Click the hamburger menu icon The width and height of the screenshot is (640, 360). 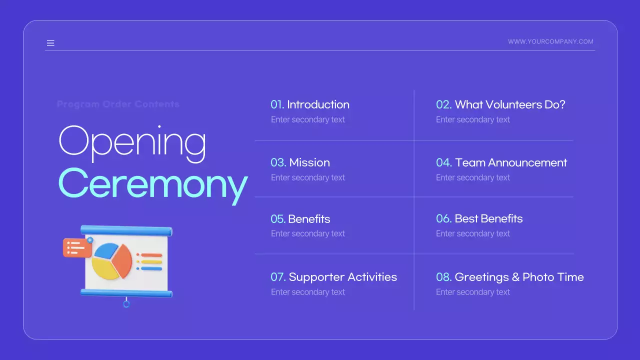click(50, 43)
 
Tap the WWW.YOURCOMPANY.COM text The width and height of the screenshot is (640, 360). click(550, 42)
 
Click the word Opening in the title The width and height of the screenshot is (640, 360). click(132, 141)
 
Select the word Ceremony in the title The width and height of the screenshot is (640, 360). click(152, 183)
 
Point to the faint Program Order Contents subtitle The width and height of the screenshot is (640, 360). click(118, 104)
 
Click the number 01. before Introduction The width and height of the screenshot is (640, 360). click(277, 104)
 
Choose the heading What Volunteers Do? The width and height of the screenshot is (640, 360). click(510, 104)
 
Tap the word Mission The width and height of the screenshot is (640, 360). click(309, 162)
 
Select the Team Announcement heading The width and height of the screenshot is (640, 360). click(511, 162)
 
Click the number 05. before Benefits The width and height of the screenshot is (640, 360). click(278, 219)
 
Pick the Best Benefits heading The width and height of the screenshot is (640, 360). click(488, 218)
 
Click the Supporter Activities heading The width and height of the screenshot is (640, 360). click(343, 277)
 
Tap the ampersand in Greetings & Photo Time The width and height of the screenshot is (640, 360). click(515, 277)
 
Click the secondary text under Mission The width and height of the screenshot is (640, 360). click(308, 177)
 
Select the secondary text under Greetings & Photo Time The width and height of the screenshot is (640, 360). click(473, 292)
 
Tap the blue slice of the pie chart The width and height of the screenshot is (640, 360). click(105, 250)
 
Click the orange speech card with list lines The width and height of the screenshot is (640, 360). click(76, 247)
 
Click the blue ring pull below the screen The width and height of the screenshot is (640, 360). click(126, 303)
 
